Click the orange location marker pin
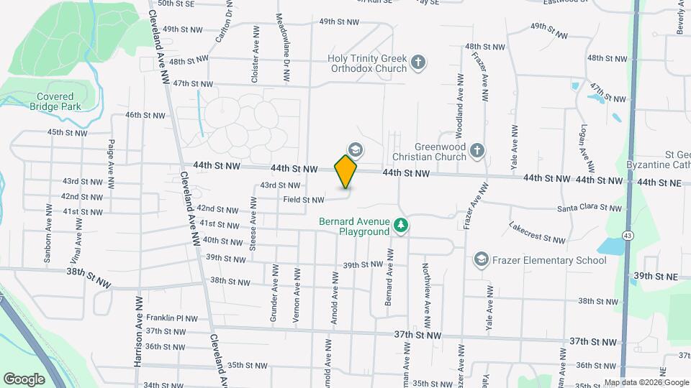click(x=345, y=170)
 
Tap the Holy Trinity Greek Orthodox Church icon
click(x=417, y=63)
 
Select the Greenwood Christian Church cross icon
click(x=477, y=150)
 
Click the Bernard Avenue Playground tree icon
click(x=402, y=226)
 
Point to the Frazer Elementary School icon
click(x=481, y=259)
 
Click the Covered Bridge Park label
click(x=50, y=101)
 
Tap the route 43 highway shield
click(x=628, y=236)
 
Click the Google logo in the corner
click(x=24, y=379)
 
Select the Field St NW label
click(x=304, y=199)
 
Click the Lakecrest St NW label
click(x=537, y=233)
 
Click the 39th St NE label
click(x=656, y=276)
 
